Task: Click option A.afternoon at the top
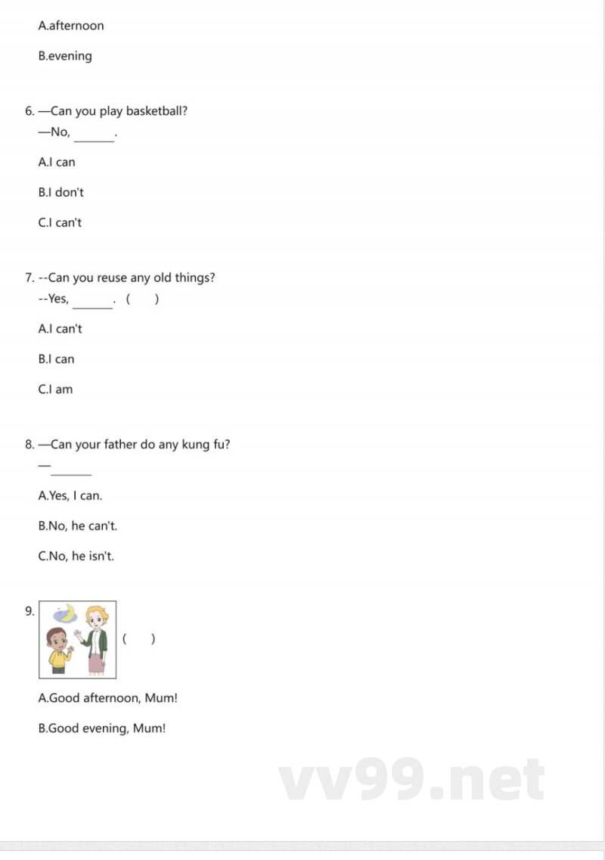pos(71,26)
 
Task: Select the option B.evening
pos(65,56)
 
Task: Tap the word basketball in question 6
pos(157,111)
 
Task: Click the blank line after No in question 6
pos(94,137)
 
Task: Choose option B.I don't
pos(61,193)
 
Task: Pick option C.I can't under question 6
pos(60,223)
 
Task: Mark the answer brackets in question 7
pos(142,300)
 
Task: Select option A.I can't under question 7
pos(60,329)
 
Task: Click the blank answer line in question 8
pos(71,472)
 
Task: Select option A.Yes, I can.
pos(70,496)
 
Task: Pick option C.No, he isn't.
pos(76,557)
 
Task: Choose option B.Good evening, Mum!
pos(102,728)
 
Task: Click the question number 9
pos(29,611)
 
